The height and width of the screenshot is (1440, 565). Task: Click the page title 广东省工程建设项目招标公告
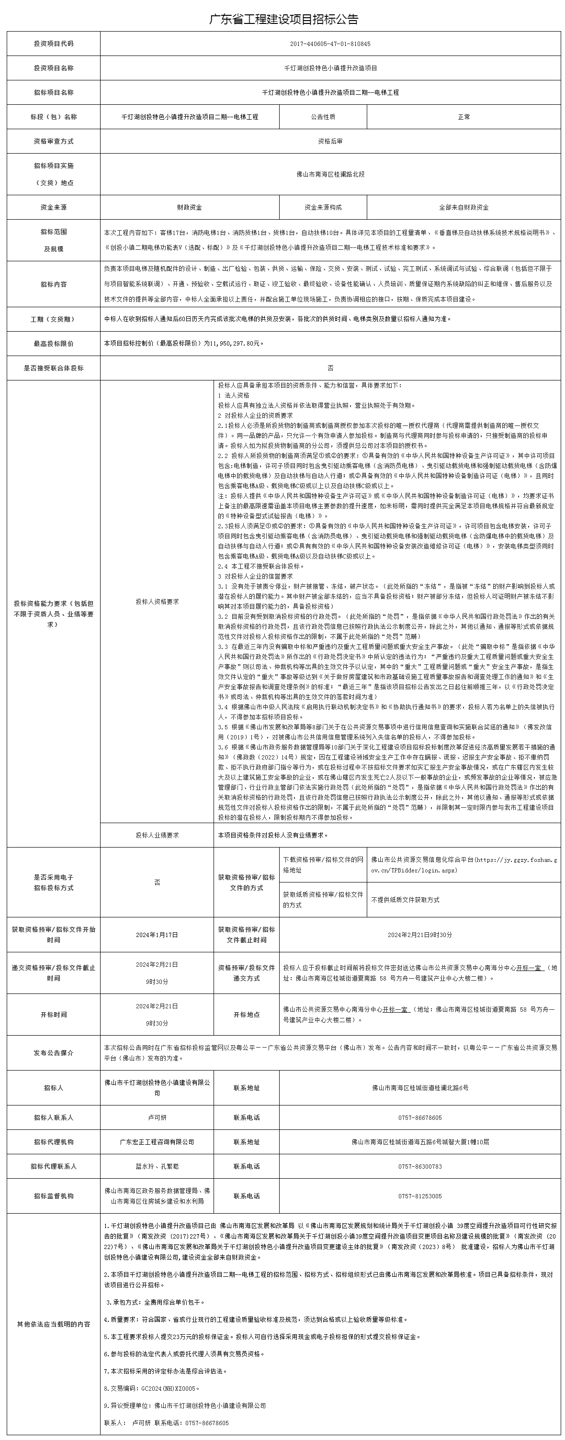(x=283, y=19)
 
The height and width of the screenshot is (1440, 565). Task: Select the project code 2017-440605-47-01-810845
(x=330, y=44)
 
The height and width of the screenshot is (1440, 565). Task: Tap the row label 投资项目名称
(x=53, y=68)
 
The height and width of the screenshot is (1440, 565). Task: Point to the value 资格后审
(x=330, y=142)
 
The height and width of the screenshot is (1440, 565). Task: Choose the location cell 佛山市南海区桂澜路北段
(x=330, y=174)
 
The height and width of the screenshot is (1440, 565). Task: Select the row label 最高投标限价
(x=53, y=344)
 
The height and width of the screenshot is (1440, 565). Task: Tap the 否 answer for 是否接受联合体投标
(x=330, y=368)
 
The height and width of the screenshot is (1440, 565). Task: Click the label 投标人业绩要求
(x=157, y=835)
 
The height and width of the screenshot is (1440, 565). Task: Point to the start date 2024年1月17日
(x=157, y=935)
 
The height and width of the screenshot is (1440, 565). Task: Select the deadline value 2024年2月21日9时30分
(x=419, y=935)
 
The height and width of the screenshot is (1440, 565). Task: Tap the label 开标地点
(x=246, y=1015)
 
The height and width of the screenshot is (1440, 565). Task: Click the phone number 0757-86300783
(x=419, y=1167)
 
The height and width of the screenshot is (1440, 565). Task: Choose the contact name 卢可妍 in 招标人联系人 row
(x=157, y=1117)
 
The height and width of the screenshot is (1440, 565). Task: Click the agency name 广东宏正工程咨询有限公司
(x=157, y=1142)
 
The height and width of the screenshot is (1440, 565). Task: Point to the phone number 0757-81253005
(x=419, y=1196)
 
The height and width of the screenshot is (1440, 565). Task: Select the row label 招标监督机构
(x=53, y=1196)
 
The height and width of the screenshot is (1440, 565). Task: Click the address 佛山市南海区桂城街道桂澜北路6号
(x=419, y=1088)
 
